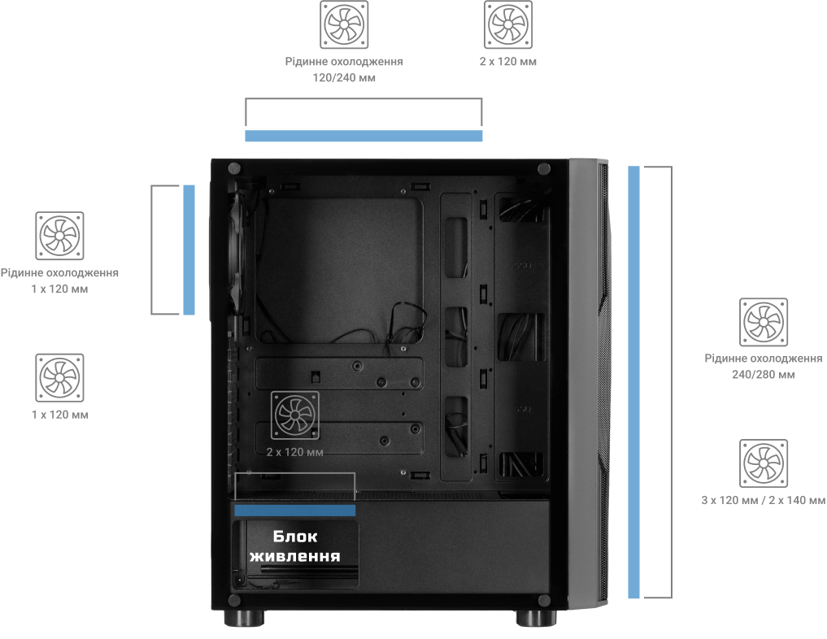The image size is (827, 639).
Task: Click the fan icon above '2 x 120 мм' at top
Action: [508, 24]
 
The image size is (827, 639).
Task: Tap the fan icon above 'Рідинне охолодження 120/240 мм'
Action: [344, 24]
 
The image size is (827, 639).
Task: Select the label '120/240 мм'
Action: [344, 78]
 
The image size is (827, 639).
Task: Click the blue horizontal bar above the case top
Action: [363, 136]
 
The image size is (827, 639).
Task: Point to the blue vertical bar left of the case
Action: [189, 250]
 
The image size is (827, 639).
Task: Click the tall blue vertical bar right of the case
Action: [633, 382]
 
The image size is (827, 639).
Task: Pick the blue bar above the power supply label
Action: [295, 510]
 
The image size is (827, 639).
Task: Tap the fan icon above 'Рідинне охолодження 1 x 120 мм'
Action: [59, 236]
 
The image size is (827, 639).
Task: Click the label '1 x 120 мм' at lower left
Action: [59, 415]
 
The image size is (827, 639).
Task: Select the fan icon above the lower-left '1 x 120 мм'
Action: [59, 377]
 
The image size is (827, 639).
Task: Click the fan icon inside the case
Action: [295, 415]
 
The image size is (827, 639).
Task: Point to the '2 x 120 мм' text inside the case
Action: [295, 452]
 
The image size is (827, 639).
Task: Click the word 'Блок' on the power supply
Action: [295, 537]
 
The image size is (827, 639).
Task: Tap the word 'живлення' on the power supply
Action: [295, 556]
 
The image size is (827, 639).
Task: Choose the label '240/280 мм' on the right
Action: [764, 375]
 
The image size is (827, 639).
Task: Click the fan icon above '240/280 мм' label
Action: [764, 322]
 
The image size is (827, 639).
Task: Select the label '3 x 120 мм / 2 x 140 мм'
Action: [764, 500]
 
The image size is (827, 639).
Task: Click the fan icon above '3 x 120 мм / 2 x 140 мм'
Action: [764, 463]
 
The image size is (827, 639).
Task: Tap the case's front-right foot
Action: [536, 618]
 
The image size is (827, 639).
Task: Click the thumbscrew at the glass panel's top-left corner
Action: [234, 169]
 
